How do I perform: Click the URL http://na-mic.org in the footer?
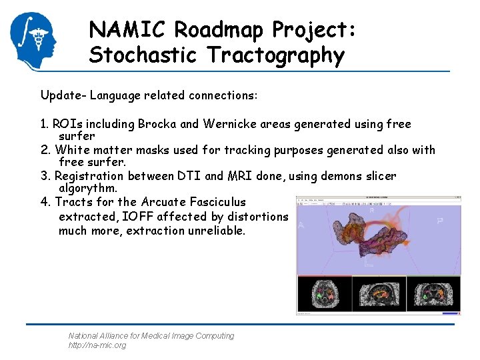click(97, 345)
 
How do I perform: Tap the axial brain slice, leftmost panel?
click(324, 293)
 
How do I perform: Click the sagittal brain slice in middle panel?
click(379, 293)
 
